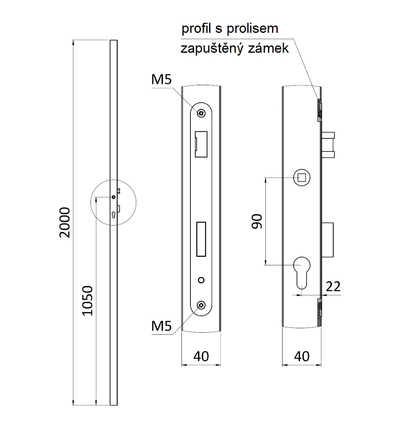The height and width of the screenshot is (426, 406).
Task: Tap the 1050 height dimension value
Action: point(88,301)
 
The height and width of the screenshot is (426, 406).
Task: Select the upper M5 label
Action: point(162,80)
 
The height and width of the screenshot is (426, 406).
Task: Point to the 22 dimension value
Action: point(333,286)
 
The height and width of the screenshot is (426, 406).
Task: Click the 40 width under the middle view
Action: point(201,356)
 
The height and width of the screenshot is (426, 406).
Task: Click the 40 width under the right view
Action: point(301,356)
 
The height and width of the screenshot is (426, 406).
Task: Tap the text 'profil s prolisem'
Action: point(230,29)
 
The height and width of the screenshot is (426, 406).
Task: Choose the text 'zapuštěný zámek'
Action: point(235,49)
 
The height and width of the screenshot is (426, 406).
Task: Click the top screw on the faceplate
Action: point(201,113)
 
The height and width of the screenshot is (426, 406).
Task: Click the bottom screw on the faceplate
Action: point(201,306)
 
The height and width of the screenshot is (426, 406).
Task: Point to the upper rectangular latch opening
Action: point(201,144)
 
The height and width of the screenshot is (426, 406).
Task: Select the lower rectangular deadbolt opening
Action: point(201,239)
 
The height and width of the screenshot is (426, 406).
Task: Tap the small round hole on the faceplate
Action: point(201,280)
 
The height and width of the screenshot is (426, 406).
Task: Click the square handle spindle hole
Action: point(302,177)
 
